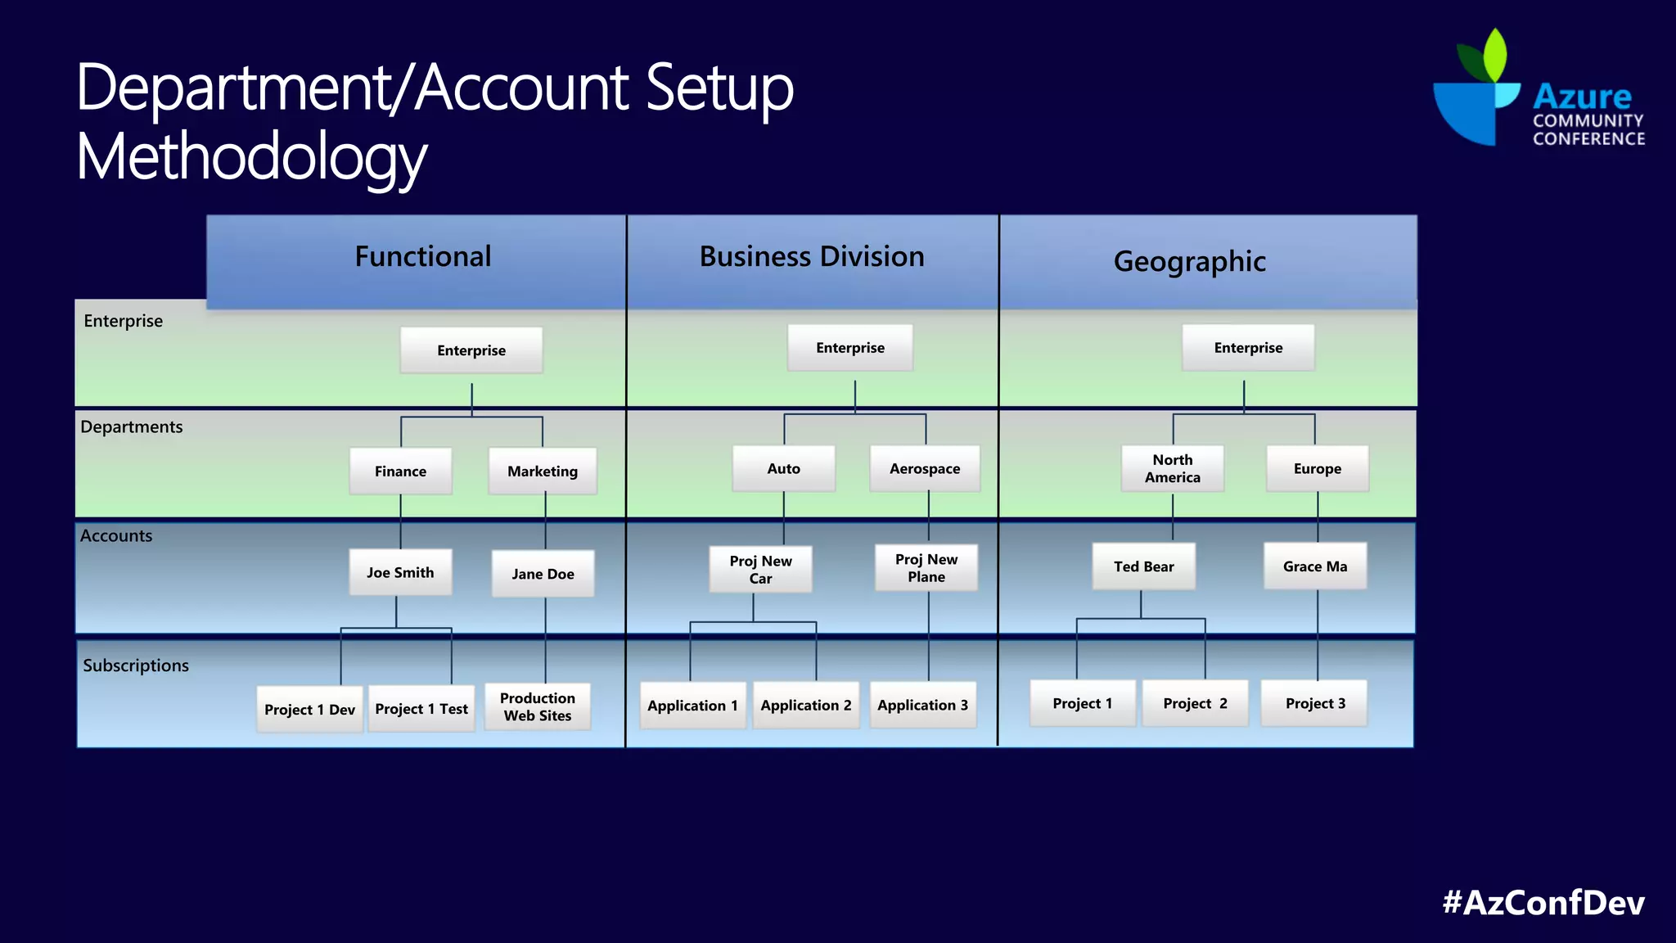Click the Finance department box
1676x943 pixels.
(x=400, y=471)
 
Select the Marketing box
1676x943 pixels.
(x=542, y=471)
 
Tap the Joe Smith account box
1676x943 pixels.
(x=400, y=572)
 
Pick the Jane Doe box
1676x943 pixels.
(x=543, y=574)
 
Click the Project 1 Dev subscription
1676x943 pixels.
(x=309, y=709)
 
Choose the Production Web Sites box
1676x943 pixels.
(x=538, y=706)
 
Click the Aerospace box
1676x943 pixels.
(x=925, y=468)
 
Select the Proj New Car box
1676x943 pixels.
(x=760, y=569)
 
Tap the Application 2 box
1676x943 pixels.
(x=806, y=705)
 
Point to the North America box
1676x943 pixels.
(x=1172, y=468)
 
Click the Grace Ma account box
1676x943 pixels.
(x=1314, y=566)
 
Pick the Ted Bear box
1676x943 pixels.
(x=1143, y=566)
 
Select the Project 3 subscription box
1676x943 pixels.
(x=1314, y=703)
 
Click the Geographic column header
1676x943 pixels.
(x=1189, y=261)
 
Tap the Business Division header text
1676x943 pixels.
(x=811, y=256)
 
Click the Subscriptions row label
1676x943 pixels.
(x=136, y=666)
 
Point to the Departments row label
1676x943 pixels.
(x=132, y=426)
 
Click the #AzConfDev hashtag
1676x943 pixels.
(x=1543, y=902)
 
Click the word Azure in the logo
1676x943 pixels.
(x=1582, y=97)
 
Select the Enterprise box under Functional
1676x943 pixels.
(x=471, y=350)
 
